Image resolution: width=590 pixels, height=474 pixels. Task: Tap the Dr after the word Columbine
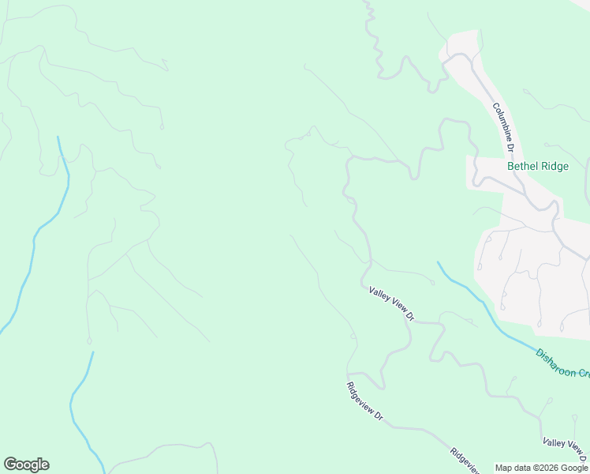tap(511, 146)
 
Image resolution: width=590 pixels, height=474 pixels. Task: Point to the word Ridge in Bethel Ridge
tap(554, 167)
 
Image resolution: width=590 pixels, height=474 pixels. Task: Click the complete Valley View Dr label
tap(391, 304)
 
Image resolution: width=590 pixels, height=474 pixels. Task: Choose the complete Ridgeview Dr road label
tap(364, 401)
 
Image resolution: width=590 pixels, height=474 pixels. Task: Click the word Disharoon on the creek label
tap(554, 363)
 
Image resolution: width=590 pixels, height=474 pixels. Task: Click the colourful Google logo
tap(26, 465)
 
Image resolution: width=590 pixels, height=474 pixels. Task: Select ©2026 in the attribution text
tap(550, 468)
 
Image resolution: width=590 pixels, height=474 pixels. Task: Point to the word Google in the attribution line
tap(576, 468)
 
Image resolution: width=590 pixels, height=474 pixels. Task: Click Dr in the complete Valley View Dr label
tap(410, 317)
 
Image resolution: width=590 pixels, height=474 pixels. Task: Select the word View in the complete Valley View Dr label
tap(394, 306)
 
